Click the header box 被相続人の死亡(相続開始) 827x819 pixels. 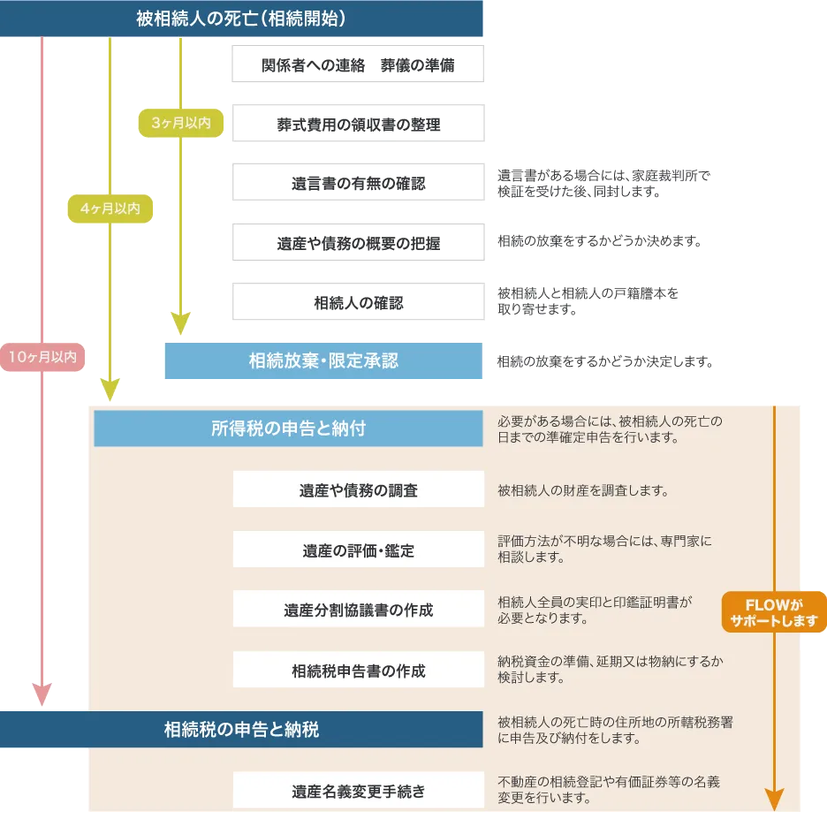[x=241, y=18]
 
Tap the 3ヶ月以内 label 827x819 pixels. [x=181, y=124]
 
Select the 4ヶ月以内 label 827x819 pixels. [x=110, y=209]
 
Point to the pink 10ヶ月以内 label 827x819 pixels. [x=42, y=357]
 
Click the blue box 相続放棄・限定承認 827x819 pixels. [x=323, y=360]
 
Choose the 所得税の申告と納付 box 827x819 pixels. [x=288, y=428]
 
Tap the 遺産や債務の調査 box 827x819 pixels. [x=358, y=490]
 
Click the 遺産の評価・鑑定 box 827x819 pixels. [x=358, y=550]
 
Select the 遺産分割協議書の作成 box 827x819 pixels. [x=358, y=610]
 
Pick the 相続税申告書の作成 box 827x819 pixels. [x=358, y=671]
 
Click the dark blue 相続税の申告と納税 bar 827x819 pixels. [x=241, y=729]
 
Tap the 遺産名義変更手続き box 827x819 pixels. [x=358, y=791]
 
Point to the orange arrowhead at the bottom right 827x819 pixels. [x=774, y=800]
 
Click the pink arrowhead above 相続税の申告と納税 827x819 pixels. [x=42, y=693]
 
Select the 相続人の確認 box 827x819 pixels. [x=357, y=303]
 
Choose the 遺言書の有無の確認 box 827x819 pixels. [x=357, y=184]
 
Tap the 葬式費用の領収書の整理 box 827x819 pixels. [x=357, y=125]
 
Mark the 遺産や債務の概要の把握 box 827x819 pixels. [x=357, y=243]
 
